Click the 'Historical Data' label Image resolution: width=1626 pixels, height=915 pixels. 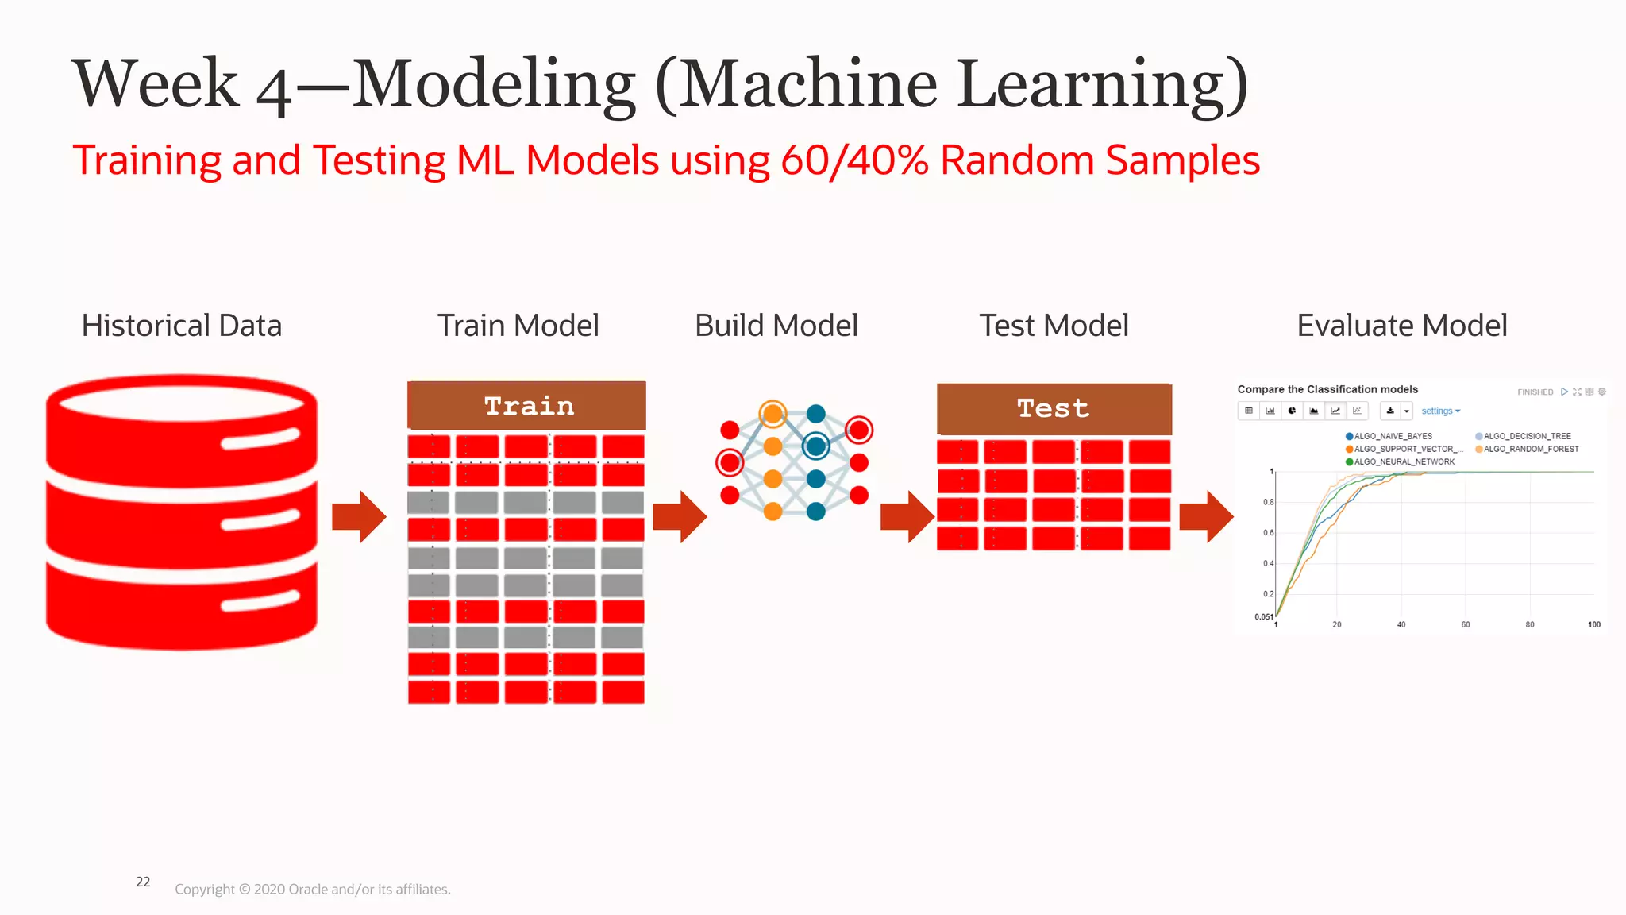(x=181, y=326)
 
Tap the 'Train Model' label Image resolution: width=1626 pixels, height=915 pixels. (x=518, y=326)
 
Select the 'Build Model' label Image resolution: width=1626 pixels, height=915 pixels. (x=776, y=326)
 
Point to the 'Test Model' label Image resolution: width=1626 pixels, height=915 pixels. (x=1054, y=326)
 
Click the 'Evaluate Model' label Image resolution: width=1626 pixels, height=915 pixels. (x=1401, y=326)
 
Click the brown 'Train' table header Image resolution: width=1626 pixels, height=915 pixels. (x=526, y=406)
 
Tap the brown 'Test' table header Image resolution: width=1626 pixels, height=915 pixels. (x=1054, y=408)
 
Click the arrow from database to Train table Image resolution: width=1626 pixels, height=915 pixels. (x=359, y=516)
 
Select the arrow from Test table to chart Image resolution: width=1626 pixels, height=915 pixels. (x=1206, y=516)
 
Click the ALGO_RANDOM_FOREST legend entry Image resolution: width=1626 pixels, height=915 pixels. (x=1530, y=449)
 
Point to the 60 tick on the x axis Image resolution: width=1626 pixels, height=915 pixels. (x=1466, y=625)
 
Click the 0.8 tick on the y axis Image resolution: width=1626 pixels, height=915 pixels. (x=1268, y=502)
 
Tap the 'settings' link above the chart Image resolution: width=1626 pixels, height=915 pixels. (x=1438, y=411)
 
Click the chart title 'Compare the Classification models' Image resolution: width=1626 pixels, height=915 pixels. (x=1327, y=389)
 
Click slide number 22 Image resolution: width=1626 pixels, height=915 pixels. (x=143, y=882)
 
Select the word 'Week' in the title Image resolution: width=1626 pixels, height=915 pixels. (x=156, y=84)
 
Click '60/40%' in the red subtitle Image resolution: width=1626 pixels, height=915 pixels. (x=854, y=160)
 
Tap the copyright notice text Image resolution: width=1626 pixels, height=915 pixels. (x=312, y=890)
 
